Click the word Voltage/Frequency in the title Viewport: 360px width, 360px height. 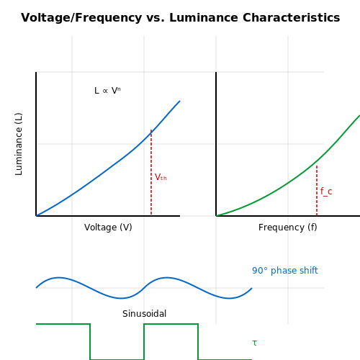point(81,18)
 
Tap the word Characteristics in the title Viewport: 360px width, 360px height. point(292,18)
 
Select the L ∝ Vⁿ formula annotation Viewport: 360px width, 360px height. point(107,91)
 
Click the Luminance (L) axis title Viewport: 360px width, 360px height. point(19,144)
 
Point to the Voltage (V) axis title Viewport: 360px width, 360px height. point(108,228)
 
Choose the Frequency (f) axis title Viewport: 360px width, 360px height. point(288,228)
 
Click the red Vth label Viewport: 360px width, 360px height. point(161,177)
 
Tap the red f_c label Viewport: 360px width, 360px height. point(326,192)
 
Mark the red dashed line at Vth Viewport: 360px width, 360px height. point(151,172)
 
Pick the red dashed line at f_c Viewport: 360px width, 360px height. point(317,191)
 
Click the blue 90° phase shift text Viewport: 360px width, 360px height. point(285,271)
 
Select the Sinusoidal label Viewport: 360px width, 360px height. point(144,314)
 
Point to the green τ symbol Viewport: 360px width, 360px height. point(255,343)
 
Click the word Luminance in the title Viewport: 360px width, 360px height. point(204,18)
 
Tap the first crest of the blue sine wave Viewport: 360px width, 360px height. point(59,278)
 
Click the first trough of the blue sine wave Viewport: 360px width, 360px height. point(122,298)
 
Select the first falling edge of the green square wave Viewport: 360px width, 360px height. point(90,342)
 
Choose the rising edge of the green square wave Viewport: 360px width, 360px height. point(144,342)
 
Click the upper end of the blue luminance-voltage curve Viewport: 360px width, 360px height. point(180,101)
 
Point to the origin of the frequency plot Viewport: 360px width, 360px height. point(216,216)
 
